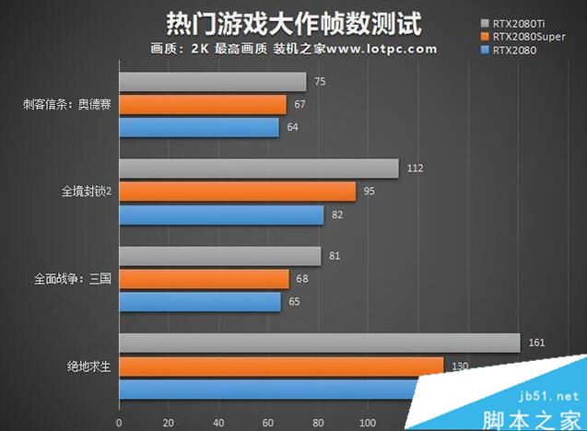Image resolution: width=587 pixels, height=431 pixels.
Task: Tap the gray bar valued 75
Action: tap(212, 82)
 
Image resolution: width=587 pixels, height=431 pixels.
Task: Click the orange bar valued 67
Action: tap(202, 105)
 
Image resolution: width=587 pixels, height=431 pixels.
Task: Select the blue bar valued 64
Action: tap(198, 127)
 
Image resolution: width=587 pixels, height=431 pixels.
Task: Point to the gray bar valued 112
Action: tap(258, 169)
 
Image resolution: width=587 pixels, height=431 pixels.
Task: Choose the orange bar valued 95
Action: tap(237, 192)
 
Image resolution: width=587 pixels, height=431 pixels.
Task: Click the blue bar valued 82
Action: tap(221, 215)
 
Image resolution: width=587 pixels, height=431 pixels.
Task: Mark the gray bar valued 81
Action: tap(219, 255)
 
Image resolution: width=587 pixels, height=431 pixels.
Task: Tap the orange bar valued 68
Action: tap(204, 278)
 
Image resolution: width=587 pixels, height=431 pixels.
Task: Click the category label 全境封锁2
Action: tap(87, 192)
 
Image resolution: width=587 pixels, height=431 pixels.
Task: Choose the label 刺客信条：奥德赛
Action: tap(68, 104)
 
